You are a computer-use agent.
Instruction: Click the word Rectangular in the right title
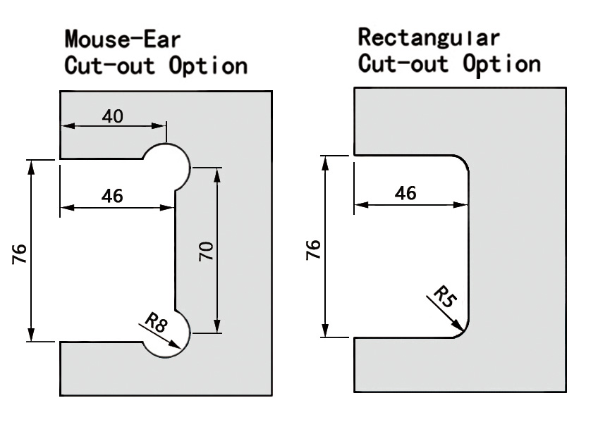pos(429,37)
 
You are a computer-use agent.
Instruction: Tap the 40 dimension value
pos(112,116)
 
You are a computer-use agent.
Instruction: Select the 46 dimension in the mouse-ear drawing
pos(112,197)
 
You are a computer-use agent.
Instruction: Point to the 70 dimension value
pos(206,251)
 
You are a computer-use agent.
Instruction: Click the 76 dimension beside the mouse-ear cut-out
pos(19,251)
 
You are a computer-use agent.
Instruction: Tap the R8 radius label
pos(156,324)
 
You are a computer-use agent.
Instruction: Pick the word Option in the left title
pos(208,66)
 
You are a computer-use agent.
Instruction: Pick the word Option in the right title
pos(501,63)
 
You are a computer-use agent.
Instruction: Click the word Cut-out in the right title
pos(402,63)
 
